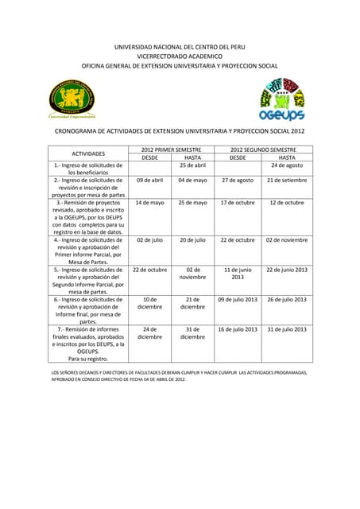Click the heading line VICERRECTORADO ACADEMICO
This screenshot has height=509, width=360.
180,56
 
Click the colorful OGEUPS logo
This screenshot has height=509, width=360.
283,100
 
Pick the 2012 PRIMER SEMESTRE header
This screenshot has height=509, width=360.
170,149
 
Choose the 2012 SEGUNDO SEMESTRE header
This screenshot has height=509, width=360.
263,149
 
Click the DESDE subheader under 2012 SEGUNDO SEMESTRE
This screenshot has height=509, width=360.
238,157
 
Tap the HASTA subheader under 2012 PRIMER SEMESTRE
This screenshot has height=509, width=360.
192,157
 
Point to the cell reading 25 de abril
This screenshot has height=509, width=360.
192,165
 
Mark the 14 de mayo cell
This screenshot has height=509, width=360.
149,202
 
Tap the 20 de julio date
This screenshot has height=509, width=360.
192,239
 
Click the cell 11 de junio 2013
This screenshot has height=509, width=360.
238,274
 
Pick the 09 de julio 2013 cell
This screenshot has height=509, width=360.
238,299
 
